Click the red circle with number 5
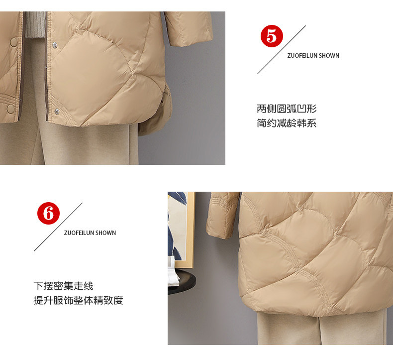point(272,36)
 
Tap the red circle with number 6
point(48,213)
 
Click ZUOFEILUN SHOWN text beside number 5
point(313,55)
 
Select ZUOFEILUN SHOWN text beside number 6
point(90,233)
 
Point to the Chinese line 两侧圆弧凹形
point(287,109)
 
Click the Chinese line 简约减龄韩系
point(287,123)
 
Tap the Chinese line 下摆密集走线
point(63,286)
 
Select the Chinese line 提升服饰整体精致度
point(78,300)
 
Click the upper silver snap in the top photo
point(55,45)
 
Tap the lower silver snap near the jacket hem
point(57,112)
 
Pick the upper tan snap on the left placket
point(13,42)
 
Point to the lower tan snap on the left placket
point(10,109)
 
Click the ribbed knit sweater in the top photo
point(35,24)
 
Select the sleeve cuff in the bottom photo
point(221,230)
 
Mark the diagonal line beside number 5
point(282,50)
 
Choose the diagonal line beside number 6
point(58,227)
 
